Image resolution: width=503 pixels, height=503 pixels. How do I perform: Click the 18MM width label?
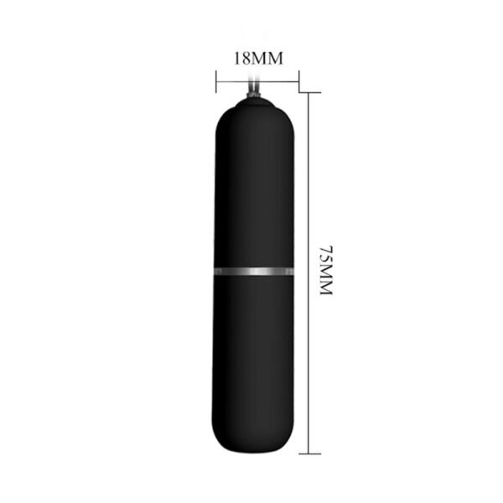(257, 59)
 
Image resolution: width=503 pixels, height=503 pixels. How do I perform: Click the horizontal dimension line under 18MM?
(257, 82)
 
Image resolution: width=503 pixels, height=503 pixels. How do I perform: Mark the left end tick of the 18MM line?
(216, 82)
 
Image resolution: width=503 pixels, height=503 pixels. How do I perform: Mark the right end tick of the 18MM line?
(298, 82)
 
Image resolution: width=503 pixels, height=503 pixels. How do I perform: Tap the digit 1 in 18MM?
(237, 59)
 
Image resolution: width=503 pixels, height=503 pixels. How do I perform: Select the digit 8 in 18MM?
(247, 59)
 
